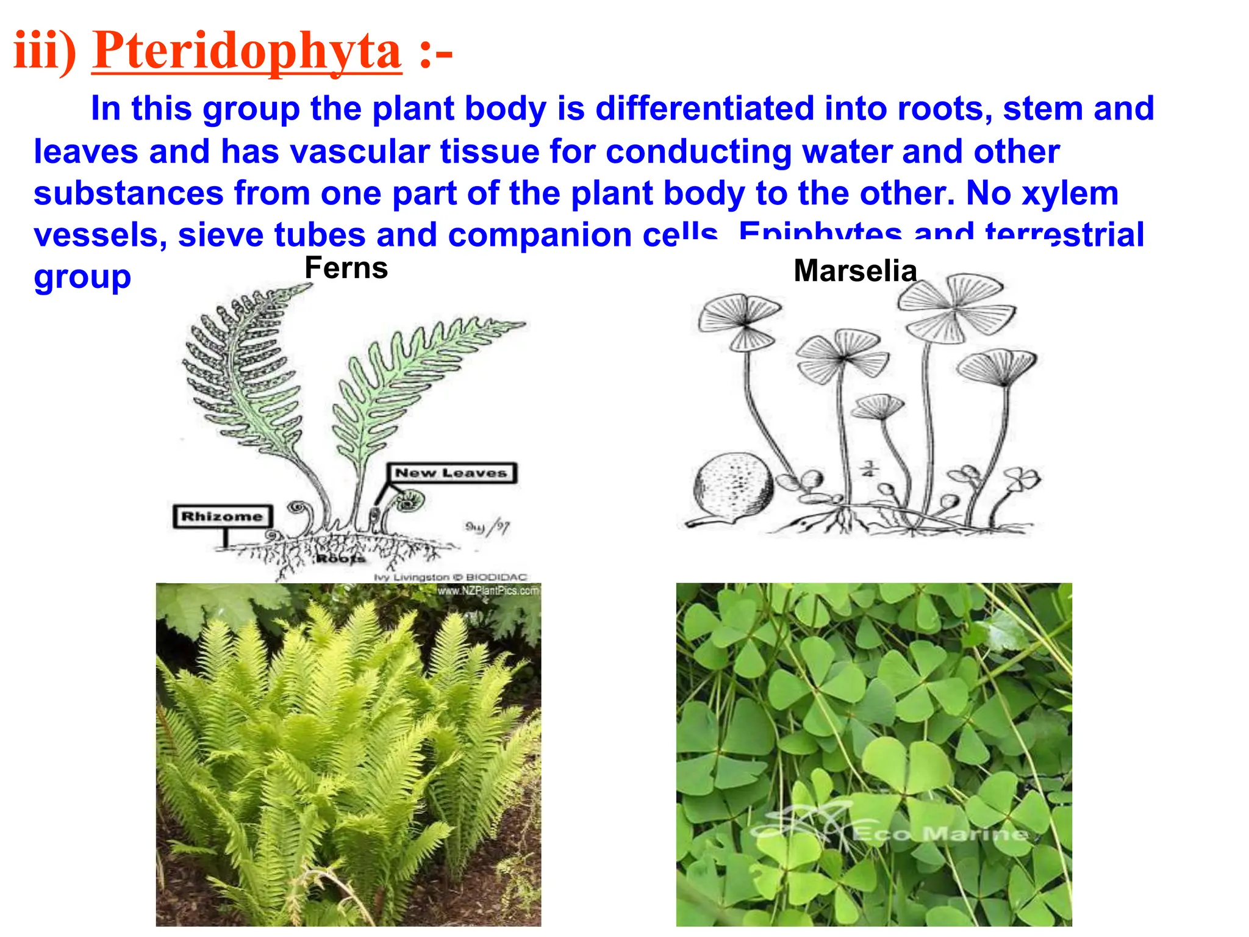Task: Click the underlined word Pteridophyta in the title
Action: pos(246,51)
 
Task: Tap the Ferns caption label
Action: pos(346,268)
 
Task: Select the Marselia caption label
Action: pos(855,271)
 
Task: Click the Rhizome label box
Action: pos(222,517)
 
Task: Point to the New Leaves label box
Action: pos(451,473)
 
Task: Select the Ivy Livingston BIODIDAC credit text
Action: pos(450,577)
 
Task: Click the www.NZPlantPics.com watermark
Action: pos(488,591)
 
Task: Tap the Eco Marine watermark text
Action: pos(939,833)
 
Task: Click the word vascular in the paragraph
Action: pos(359,151)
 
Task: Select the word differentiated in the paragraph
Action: pos(704,109)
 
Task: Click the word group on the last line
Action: pos(82,278)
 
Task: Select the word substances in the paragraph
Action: pos(129,193)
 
